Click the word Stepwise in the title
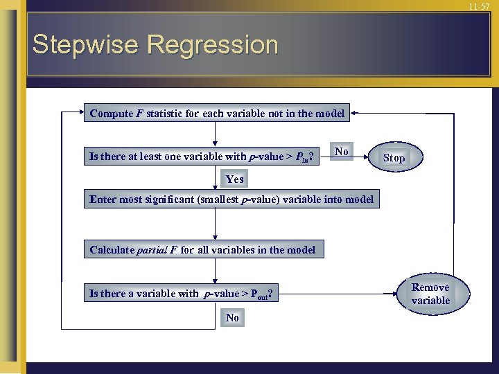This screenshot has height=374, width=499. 87,45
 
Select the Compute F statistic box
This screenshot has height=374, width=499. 217,114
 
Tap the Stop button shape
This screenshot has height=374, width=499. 394,158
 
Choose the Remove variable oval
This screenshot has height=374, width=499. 430,294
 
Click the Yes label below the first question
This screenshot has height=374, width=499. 235,179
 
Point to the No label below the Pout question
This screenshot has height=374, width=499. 232,317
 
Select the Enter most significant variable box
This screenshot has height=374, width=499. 231,199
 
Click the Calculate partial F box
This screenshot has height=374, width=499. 202,249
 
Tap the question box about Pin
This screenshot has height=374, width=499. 202,157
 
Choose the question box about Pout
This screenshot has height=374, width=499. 181,294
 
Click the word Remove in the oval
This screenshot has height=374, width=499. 430,287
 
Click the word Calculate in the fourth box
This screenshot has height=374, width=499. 112,249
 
